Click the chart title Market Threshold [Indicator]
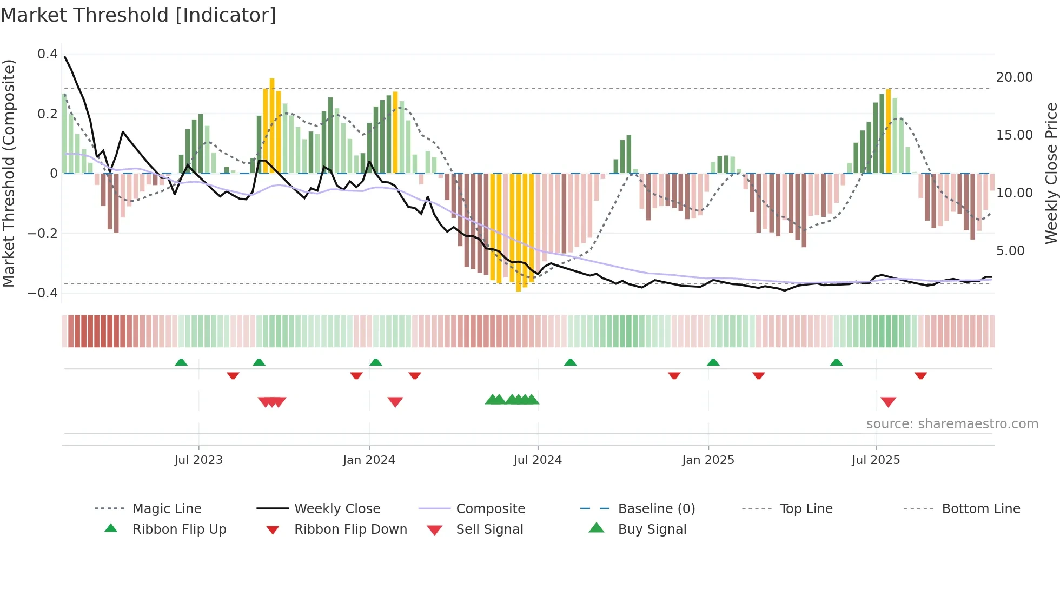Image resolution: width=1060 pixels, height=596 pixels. (x=138, y=15)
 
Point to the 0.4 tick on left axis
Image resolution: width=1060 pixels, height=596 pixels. (x=48, y=54)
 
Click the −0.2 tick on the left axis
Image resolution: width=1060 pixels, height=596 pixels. (x=43, y=234)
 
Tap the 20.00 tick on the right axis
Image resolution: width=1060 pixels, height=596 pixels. (x=1015, y=77)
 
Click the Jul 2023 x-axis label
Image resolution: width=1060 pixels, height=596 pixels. (x=198, y=460)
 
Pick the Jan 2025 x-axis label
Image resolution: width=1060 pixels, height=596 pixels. (x=708, y=460)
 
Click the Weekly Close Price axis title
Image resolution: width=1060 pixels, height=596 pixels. (x=1051, y=173)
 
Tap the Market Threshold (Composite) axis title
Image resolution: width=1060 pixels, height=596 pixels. (x=9, y=173)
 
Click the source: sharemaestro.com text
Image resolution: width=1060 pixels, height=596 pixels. (x=952, y=424)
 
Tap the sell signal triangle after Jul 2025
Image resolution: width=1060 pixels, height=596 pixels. (x=888, y=402)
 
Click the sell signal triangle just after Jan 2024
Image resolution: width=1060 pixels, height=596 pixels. (x=395, y=402)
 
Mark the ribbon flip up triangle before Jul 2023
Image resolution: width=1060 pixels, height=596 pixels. (x=181, y=362)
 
